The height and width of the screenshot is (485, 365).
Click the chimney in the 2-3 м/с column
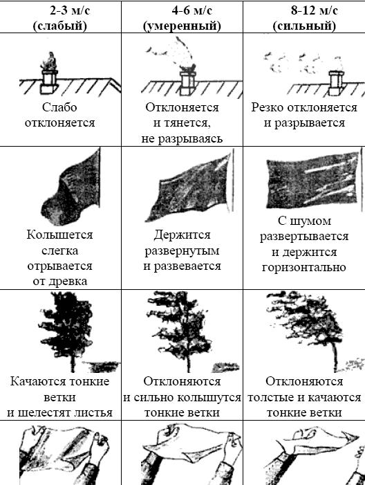[50, 82]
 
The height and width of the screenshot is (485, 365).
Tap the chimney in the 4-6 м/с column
[187, 82]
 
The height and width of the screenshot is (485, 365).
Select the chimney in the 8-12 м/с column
[337, 82]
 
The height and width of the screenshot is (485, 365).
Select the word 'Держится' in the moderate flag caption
[182, 235]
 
